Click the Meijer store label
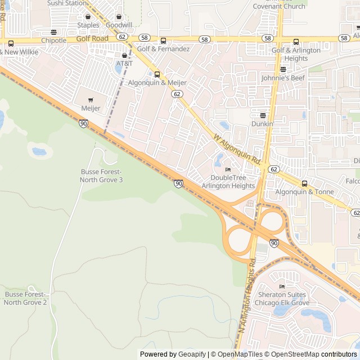click(x=91, y=108)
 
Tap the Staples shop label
click(x=88, y=25)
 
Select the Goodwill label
click(x=119, y=25)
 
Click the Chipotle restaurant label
click(x=53, y=40)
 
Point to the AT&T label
click(x=124, y=64)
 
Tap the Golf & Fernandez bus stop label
click(x=163, y=49)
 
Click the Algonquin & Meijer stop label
click(x=157, y=83)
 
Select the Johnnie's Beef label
click(x=283, y=79)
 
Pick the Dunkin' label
click(x=263, y=124)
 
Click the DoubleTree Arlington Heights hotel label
click(x=228, y=182)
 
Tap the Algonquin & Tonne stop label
click(x=304, y=192)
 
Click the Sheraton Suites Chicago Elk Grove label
click(x=283, y=298)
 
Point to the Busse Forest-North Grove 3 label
click(x=102, y=175)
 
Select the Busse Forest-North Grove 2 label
click(x=26, y=298)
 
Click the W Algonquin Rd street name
click(x=238, y=148)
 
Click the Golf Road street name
click(x=92, y=38)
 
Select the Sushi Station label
click(x=67, y=3)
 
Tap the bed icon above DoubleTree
click(x=228, y=170)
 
